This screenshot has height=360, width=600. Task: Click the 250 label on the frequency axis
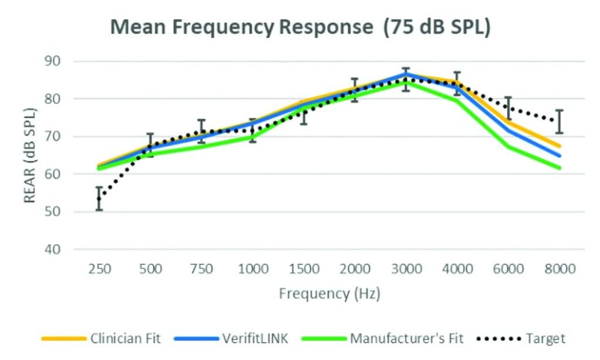tap(99, 269)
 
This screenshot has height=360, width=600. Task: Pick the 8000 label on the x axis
tap(559, 269)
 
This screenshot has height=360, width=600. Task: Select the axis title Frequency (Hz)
tap(329, 293)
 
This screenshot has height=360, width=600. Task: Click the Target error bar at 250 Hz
tap(99, 198)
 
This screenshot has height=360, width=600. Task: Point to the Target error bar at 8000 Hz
tap(559, 121)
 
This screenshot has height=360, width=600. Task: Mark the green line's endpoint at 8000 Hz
tap(560, 168)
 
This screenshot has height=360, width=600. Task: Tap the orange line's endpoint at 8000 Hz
tap(560, 146)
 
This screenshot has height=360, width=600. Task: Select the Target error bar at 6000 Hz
tap(508, 108)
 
